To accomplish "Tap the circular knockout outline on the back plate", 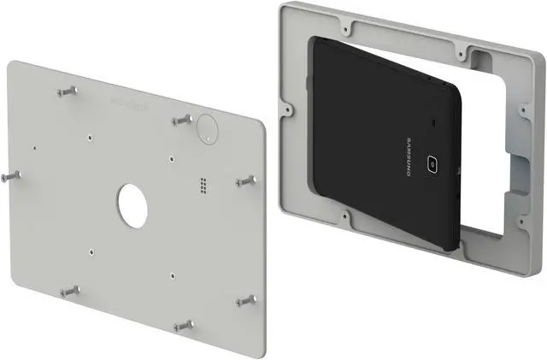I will (x=206, y=127).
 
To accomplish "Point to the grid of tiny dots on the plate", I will (x=203, y=185).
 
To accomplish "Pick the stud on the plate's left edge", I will (x=11, y=175).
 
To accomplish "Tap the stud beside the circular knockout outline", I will (x=182, y=120).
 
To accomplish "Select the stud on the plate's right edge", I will (x=248, y=180).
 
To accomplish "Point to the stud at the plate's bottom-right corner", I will (x=248, y=300).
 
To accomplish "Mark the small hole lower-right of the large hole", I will (x=174, y=274).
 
